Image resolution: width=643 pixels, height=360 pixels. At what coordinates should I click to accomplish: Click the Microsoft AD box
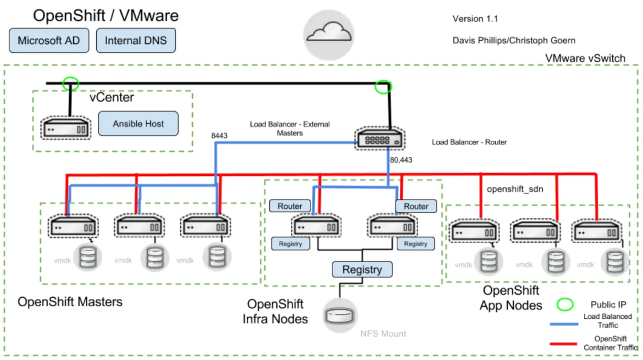[x=48, y=41]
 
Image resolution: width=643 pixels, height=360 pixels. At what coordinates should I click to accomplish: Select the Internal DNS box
[x=136, y=41]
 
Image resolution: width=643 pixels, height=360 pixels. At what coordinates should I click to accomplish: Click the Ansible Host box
[x=138, y=124]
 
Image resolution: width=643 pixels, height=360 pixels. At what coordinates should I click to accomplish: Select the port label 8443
[x=220, y=135]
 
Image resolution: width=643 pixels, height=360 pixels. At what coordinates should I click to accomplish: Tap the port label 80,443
[x=401, y=160]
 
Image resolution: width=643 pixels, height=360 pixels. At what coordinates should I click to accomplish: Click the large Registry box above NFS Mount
[x=362, y=269]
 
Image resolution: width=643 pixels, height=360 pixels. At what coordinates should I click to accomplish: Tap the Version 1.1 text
[x=475, y=19]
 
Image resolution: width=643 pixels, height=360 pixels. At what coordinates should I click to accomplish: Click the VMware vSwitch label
[x=585, y=58]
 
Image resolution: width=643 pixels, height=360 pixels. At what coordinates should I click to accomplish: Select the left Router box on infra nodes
[x=290, y=206]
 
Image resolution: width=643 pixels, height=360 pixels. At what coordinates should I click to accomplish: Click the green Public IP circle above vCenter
[x=70, y=84]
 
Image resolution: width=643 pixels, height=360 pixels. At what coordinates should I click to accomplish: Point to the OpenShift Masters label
[x=70, y=302]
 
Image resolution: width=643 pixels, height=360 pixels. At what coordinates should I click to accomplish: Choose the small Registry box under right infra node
[x=415, y=243]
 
